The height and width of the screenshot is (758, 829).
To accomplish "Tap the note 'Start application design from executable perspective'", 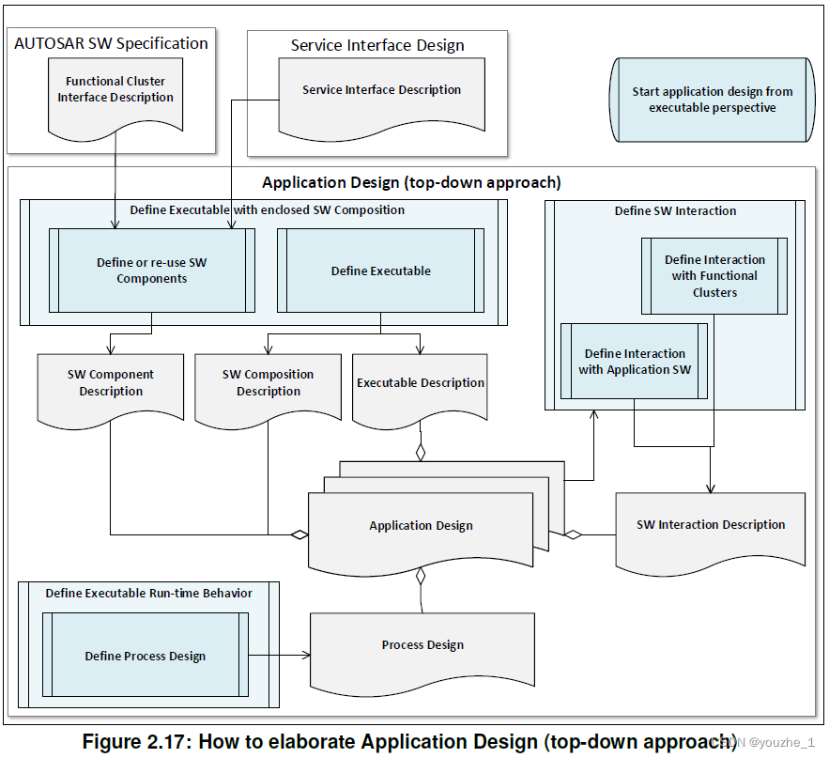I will [712, 100].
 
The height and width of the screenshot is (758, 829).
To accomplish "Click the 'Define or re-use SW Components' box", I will [152, 271].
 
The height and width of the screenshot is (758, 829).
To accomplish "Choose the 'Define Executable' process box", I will [381, 271].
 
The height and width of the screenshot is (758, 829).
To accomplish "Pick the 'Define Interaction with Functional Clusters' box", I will [714, 276].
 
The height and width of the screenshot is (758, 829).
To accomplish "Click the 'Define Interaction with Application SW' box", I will [635, 362].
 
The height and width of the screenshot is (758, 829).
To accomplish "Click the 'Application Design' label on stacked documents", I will [421, 526].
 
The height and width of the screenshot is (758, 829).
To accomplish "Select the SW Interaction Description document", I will [711, 525].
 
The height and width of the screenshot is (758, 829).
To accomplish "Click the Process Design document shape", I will [422, 645].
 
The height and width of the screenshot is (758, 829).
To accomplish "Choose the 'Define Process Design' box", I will [146, 656].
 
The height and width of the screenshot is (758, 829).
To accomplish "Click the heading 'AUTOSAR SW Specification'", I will [112, 43].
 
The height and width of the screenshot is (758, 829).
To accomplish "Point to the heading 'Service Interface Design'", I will [377, 45].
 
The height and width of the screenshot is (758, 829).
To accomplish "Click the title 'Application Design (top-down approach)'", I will [411, 182].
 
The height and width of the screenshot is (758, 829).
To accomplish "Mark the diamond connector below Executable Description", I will [421, 452].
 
